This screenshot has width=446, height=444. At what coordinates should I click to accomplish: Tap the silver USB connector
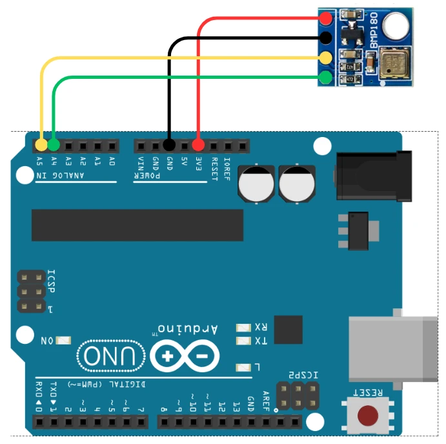point(393,350)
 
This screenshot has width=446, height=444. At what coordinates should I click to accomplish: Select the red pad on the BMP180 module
point(326,19)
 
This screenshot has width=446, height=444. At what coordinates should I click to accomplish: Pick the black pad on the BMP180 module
point(326,38)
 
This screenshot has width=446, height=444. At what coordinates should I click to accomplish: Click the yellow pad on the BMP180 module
point(326,58)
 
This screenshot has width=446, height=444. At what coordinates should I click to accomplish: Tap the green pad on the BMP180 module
point(326,78)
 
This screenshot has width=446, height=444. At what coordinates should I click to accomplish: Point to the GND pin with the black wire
point(170,144)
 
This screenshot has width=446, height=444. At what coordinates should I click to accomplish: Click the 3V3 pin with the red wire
point(199,144)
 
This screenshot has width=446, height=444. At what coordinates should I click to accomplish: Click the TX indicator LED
point(243,341)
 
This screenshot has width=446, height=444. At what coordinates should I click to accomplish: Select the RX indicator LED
point(243,328)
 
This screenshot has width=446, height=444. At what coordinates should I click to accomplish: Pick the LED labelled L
point(243,367)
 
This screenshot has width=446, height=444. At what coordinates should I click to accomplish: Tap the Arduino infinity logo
point(185,356)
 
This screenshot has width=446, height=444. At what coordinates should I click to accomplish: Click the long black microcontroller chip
point(137,225)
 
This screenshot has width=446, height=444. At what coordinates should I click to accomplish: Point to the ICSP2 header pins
point(297,396)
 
